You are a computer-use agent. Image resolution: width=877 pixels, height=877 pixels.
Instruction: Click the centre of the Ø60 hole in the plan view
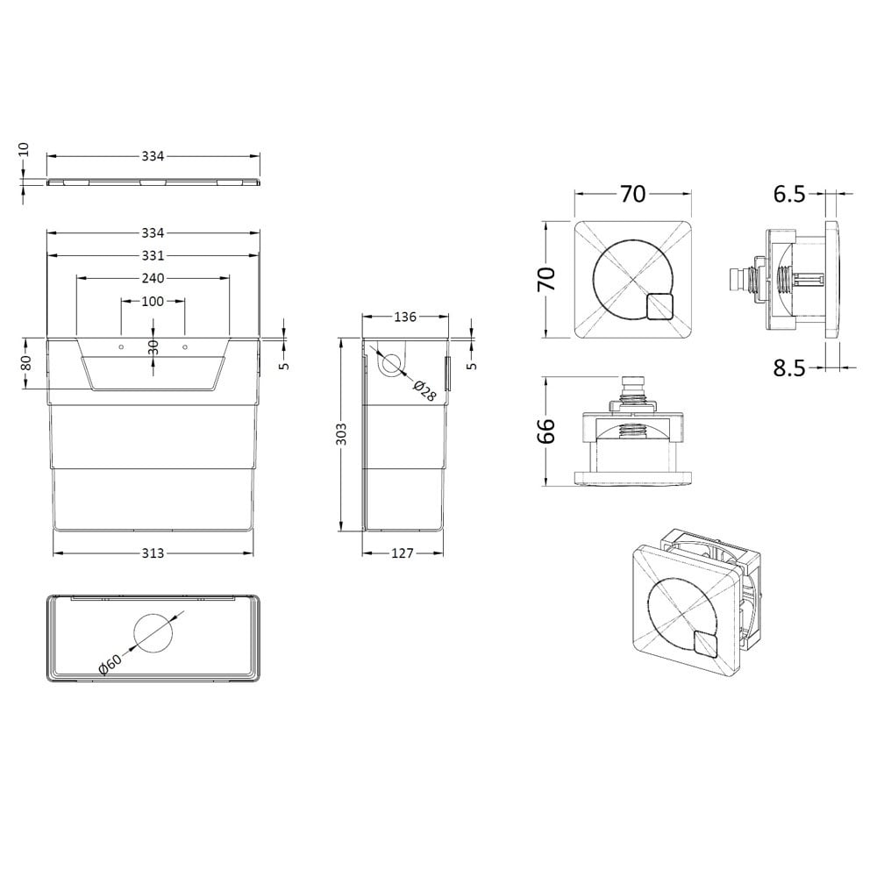click(153, 633)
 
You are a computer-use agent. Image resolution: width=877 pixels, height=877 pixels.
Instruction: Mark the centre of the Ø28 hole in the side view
click(393, 364)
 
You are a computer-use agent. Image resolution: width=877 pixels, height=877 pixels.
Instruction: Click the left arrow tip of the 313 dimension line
click(53, 553)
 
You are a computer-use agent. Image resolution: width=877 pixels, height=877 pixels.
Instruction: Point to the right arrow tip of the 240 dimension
click(229, 278)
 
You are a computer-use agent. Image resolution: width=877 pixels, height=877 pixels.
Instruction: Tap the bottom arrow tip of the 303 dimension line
click(340, 531)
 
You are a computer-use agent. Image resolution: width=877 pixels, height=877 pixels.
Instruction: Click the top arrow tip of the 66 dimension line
click(545, 377)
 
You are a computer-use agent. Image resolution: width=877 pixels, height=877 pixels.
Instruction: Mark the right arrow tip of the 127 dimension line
click(443, 553)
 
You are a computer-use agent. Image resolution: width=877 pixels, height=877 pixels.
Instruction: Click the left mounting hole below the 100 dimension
click(121, 347)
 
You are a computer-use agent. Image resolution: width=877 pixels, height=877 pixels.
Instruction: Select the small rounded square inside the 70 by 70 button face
click(660, 306)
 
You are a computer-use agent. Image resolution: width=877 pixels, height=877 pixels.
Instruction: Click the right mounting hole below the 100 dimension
click(185, 347)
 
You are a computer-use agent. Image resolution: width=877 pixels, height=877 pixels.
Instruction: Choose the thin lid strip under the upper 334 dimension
click(153, 182)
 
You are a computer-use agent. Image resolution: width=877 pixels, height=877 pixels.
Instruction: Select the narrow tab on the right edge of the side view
click(447, 374)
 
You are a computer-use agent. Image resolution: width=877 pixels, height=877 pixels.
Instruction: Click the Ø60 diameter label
click(111, 664)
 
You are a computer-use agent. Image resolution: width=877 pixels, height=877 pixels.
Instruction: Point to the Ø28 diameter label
click(424, 390)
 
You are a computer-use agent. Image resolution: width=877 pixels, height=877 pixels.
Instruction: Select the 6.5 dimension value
click(789, 194)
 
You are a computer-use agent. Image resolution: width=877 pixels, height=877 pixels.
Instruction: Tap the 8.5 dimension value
click(789, 368)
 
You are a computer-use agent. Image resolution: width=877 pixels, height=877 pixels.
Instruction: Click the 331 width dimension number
click(153, 255)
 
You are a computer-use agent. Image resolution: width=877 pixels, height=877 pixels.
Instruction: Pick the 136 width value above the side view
click(405, 317)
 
